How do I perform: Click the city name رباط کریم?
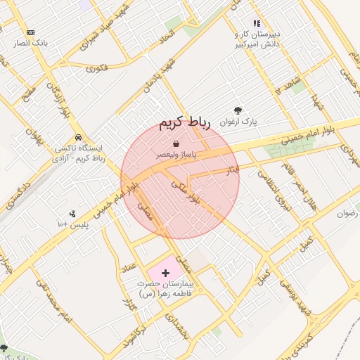click(185, 124)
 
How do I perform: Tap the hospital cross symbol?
click(165, 271)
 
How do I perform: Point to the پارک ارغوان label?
click(238, 122)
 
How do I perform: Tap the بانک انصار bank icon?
click(30, 32)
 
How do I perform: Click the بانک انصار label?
click(30, 44)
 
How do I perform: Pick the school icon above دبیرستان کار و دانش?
click(257, 23)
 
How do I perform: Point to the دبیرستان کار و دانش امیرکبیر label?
click(257, 39)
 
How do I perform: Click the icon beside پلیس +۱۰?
click(72, 214)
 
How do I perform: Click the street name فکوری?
click(96, 68)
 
